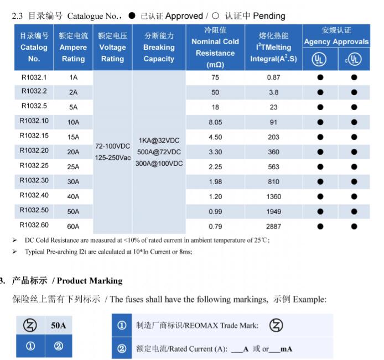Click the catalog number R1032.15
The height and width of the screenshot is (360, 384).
pos(34,135)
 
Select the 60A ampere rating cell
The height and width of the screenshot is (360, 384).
pos(74,226)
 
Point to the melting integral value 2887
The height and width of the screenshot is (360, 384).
pos(273,226)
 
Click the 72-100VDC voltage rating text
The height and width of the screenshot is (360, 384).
pos(112,147)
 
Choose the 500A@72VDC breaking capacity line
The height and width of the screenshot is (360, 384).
pos(159,152)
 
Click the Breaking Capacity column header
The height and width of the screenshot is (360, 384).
pos(159,47)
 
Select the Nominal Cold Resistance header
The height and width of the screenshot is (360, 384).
pos(215,47)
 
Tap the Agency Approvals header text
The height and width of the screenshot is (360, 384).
pos(336,42)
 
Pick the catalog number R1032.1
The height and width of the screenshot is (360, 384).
pos(34,77)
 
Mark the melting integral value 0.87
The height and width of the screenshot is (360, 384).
pos(273,77)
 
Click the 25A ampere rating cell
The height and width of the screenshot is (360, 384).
pos(74,166)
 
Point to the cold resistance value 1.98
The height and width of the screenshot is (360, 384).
pos(215,181)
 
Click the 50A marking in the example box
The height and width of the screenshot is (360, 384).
pos(59,326)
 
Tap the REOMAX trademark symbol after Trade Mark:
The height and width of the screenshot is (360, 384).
pos(276,326)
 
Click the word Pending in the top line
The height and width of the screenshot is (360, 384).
pos(269,16)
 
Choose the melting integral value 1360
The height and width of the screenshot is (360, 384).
pos(273,196)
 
